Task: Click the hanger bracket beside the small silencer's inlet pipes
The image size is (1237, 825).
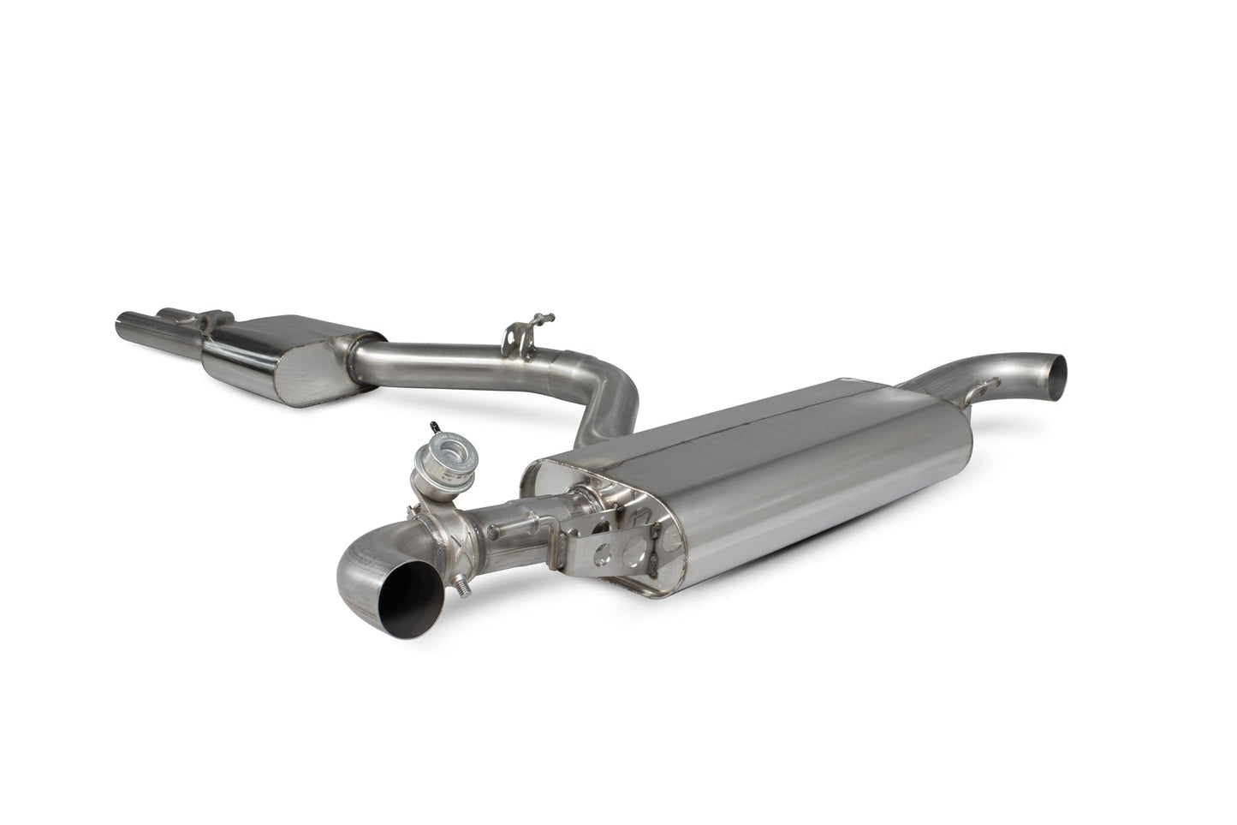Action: point(206,321)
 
